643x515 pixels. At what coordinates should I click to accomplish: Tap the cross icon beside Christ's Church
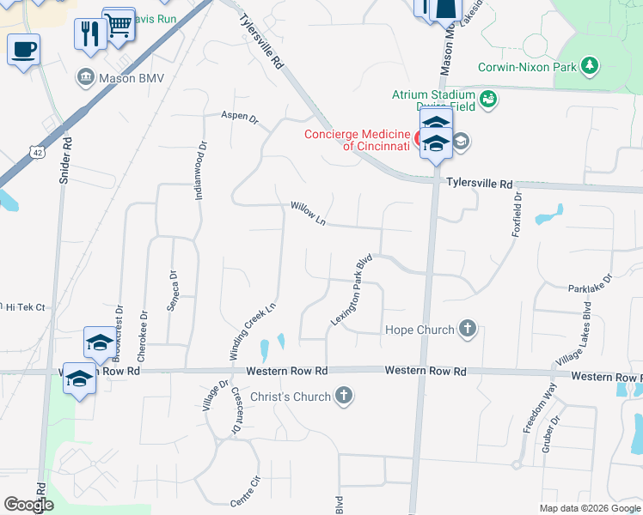pyautogui.click(x=344, y=396)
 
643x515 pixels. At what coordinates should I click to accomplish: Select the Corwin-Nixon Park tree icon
pyautogui.click(x=589, y=65)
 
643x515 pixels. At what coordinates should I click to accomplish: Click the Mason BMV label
pyautogui.click(x=132, y=78)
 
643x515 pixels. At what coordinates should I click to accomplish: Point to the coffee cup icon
pyautogui.click(x=24, y=48)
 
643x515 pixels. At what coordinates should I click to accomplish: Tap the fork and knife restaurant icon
pyautogui.click(x=89, y=33)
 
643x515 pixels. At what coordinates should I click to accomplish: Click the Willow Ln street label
pyautogui.click(x=308, y=214)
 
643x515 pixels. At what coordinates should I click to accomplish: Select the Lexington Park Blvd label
pyautogui.click(x=351, y=289)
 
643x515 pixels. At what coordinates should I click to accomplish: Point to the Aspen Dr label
pyautogui.click(x=239, y=117)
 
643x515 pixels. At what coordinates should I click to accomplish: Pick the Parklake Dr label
pyautogui.click(x=589, y=284)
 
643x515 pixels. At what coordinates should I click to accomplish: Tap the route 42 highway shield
pyautogui.click(x=37, y=152)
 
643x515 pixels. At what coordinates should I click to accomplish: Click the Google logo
pyautogui.click(x=28, y=505)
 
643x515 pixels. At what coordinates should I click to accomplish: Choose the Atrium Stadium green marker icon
pyautogui.click(x=488, y=99)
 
